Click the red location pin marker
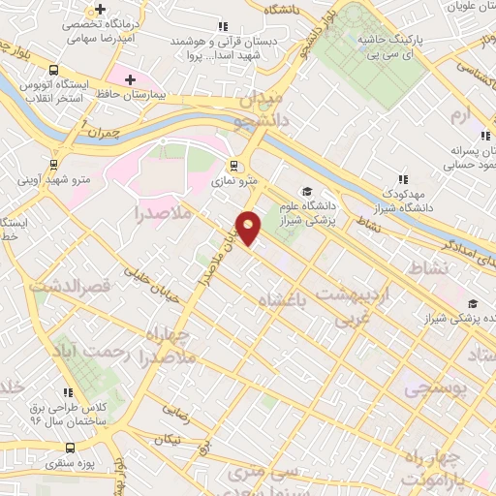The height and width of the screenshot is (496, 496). tap(250, 227)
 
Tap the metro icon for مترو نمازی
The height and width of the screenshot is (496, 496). tap(234, 164)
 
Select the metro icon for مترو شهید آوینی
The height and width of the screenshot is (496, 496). tap(52, 164)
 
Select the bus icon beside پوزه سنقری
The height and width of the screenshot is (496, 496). tap(69, 448)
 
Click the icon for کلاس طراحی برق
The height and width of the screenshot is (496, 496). tap(68, 392)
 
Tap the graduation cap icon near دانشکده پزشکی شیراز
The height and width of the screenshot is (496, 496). tap(472, 302)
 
